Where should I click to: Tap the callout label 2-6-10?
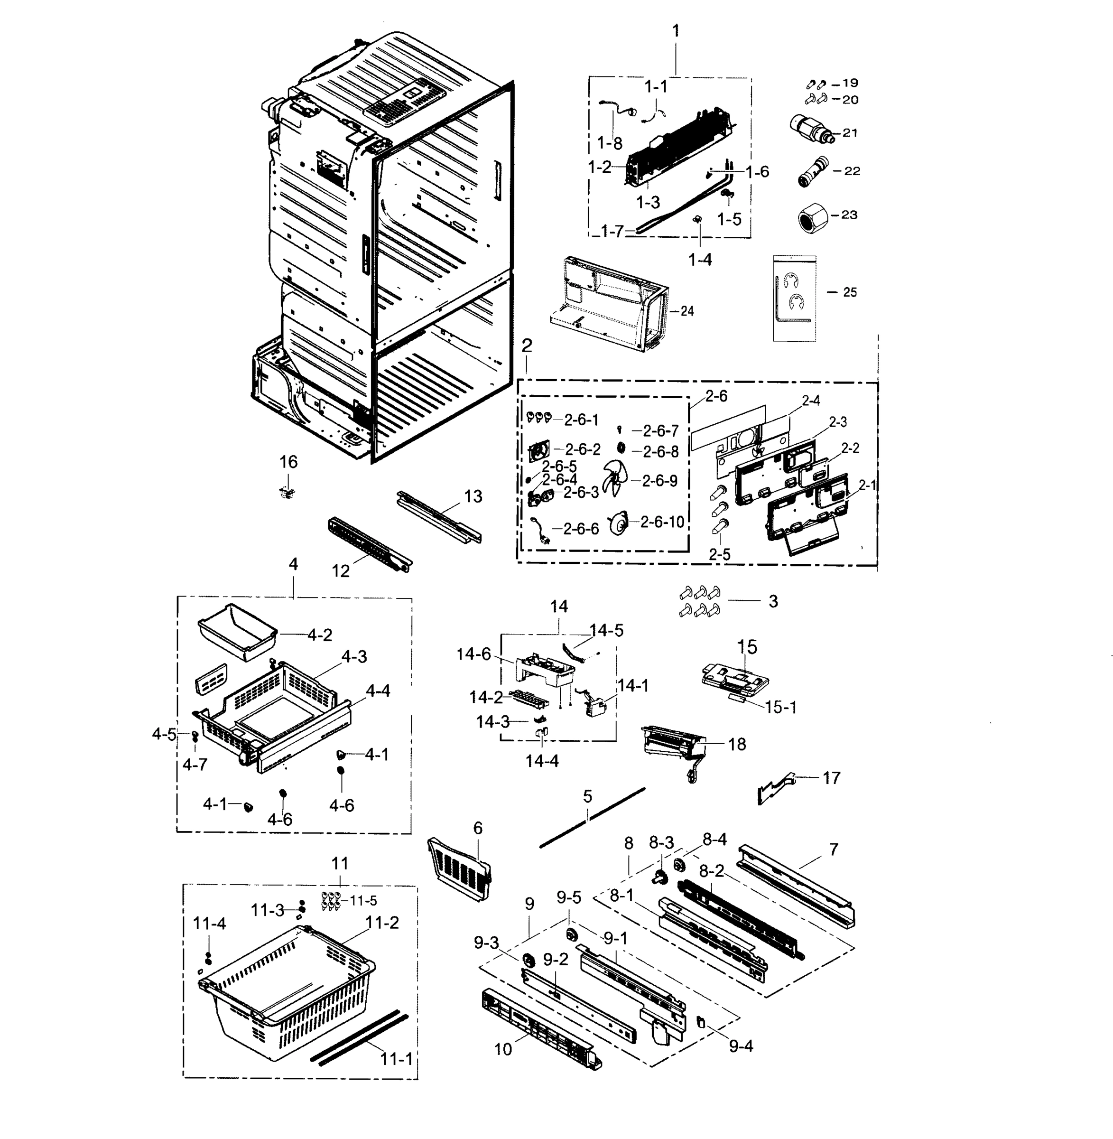pyautogui.click(x=662, y=522)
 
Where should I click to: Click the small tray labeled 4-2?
pyautogui.click(x=237, y=632)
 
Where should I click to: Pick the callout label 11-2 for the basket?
pyautogui.click(x=382, y=923)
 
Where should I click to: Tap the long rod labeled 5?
pyautogui.click(x=592, y=817)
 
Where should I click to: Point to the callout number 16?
pyautogui.click(x=288, y=462)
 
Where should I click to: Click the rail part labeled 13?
pyautogui.click(x=438, y=516)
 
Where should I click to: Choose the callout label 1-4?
pyautogui.click(x=700, y=260)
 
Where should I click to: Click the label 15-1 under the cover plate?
pyautogui.click(x=780, y=707)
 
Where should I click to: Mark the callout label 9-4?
pyautogui.click(x=741, y=1046)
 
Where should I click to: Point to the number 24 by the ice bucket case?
pyautogui.click(x=687, y=311)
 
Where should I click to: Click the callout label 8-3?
pyautogui.click(x=661, y=842)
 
